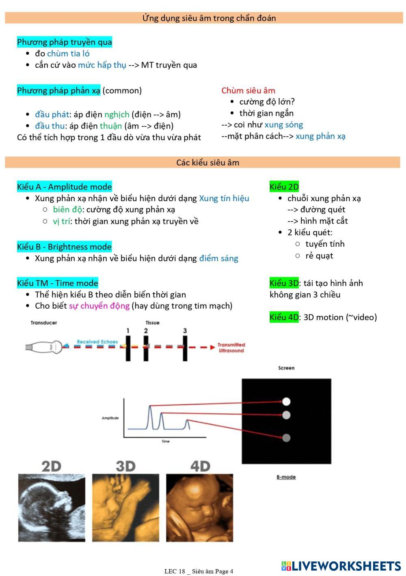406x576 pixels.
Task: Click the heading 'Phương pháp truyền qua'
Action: (64, 42)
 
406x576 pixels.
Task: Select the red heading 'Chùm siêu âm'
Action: (248, 91)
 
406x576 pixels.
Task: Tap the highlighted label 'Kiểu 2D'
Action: (284, 187)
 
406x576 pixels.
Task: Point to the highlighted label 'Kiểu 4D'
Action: (284, 317)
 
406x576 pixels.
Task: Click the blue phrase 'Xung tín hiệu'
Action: (224, 198)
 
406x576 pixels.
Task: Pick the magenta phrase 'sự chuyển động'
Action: (99, 306)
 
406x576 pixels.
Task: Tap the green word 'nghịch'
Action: (117, 115)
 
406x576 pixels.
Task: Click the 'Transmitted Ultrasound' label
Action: (231, 348)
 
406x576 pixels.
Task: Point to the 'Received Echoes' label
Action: (97, 342)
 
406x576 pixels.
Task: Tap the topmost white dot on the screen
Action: (286, 402)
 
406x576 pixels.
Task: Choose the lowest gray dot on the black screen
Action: (286, 438)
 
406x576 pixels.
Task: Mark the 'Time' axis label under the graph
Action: (166, 441)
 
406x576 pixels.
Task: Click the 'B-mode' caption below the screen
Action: (286, 477)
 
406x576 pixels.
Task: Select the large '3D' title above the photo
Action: (125, 466)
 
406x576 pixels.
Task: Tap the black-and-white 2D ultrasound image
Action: (52, 508)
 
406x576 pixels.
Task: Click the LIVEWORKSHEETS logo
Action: (341, 566)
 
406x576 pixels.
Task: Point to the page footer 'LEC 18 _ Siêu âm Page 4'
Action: (199, 571)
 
